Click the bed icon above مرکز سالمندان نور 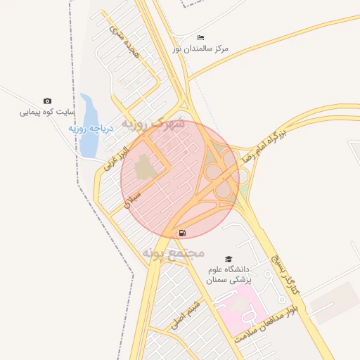(x=201, y=37)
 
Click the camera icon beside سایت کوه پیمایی (x=47, y=101)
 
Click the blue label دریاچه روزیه (x=86, y=129)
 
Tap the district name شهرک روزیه (x=153, y=123)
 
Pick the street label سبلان (x=134, y=198)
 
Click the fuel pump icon (x=183, y=233)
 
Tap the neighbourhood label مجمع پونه (x=173, y=252)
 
